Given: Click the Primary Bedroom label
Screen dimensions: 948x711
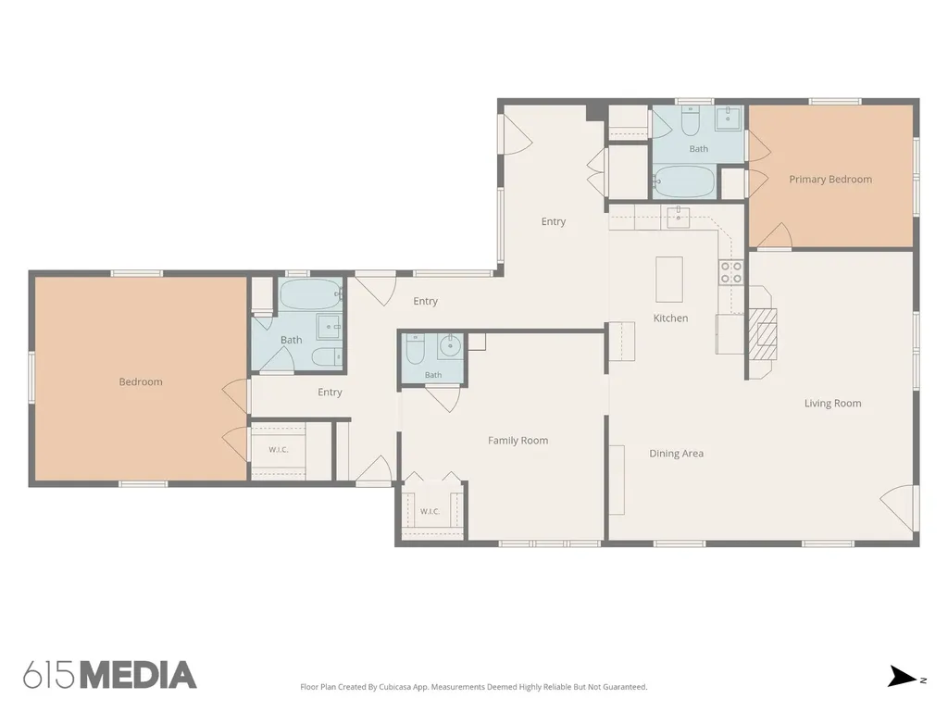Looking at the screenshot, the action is [830, 179].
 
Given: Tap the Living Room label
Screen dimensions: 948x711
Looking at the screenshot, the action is [832, 404].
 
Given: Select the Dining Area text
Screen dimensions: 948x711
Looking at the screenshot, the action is [676, 454].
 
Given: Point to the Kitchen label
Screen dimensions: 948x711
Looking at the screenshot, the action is [670, 318].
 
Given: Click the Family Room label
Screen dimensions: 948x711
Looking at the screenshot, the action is [518, 441].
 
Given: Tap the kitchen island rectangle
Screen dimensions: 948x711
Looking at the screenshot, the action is [669, 280].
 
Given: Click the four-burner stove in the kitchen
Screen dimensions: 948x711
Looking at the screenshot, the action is [730, 272].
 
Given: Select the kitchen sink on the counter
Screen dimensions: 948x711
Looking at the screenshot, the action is [679, 217].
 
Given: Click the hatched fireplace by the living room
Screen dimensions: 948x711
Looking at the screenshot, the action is [763, 334].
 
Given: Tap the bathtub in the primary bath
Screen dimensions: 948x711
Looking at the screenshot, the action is [684, 181].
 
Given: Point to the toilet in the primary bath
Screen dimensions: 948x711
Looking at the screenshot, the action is [690, 121].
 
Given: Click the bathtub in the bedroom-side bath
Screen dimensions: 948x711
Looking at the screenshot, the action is [311, 294].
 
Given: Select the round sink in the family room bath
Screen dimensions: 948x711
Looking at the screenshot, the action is [450, 346].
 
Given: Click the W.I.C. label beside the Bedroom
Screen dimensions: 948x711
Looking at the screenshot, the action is [278, 450].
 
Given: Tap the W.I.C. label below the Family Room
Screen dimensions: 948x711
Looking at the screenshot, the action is [430, 511].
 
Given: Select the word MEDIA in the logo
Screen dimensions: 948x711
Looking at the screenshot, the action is [139, 675].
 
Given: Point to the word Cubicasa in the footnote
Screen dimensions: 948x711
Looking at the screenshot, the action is [395, 687].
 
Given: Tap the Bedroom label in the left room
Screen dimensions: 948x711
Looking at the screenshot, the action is [141, 382].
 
